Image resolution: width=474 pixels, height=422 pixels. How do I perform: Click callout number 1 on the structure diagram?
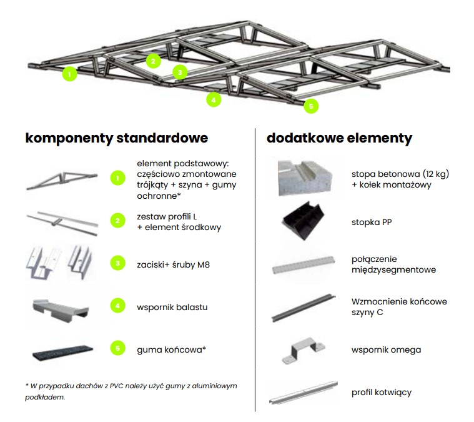70,74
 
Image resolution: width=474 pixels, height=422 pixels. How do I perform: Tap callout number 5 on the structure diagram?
311,106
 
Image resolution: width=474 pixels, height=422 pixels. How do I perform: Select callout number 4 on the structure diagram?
214,99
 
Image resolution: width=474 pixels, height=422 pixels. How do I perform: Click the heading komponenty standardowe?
116,138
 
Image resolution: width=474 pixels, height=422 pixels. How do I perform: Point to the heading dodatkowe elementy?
339,138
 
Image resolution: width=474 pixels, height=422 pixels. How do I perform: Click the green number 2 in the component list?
117,221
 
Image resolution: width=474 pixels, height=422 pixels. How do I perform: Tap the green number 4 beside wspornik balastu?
117,307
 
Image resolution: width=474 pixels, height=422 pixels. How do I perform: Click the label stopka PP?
372,222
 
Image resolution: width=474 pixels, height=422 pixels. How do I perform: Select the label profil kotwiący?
382,392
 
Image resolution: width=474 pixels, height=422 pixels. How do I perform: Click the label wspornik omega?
386,349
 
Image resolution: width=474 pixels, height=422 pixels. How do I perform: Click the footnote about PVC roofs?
131,391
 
